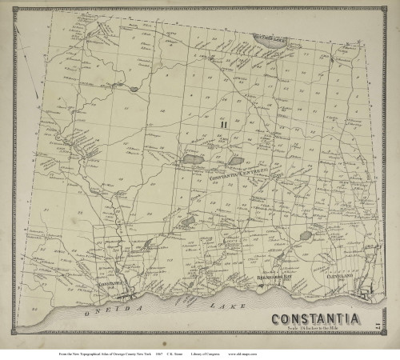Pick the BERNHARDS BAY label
coord(265,279)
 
